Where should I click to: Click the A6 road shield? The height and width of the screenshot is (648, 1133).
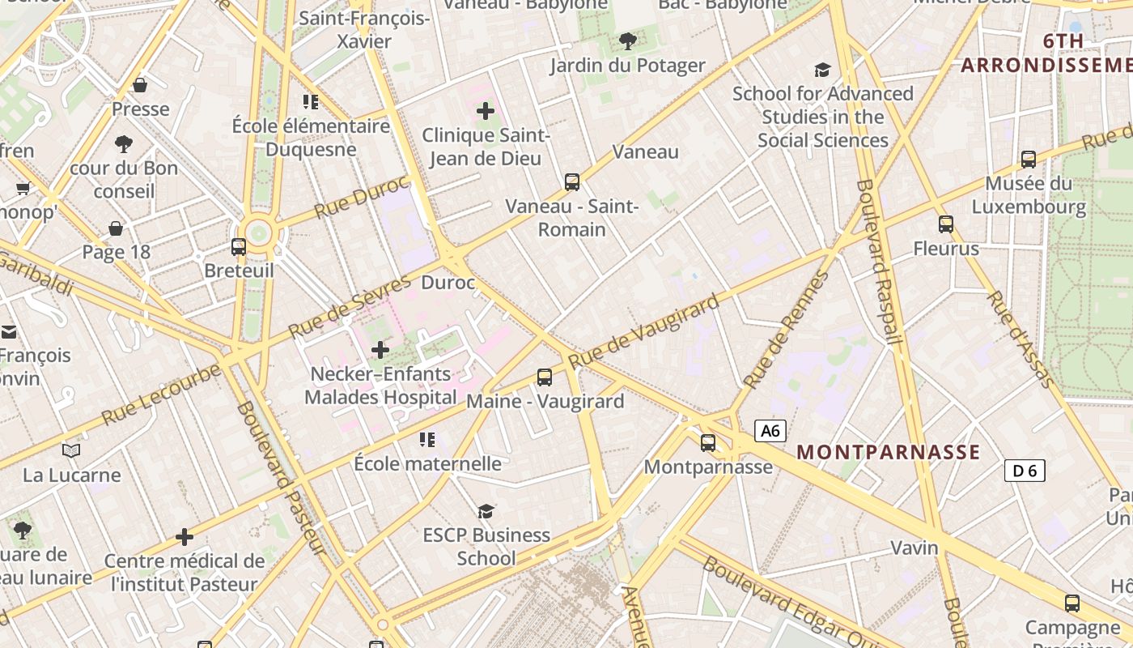coord(770,431)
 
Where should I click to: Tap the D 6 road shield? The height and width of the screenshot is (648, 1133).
coord(1025,470)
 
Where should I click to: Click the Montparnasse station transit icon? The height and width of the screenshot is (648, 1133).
coord(708,442)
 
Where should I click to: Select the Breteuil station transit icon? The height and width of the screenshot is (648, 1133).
coord(239,247)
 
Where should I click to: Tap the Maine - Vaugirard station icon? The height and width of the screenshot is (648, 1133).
coord(545,377)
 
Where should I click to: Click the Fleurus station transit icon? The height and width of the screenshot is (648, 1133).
coord(946,224)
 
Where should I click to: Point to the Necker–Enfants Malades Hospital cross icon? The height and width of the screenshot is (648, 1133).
coord(380,350)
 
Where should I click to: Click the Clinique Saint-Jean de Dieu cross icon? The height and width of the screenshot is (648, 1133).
coord(486,111)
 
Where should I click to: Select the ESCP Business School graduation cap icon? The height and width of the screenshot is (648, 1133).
coord(486,511)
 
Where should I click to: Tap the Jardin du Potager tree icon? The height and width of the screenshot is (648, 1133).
coord(627,40)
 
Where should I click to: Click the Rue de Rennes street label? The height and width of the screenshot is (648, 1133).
coord(785,330)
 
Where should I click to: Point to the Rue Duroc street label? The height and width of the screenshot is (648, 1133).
coord(361,197)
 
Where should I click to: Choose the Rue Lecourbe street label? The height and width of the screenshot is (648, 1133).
coord(161,395)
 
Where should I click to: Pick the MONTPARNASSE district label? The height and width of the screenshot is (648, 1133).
coord(888,452)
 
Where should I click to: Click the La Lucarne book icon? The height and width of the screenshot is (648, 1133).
coord(71,450)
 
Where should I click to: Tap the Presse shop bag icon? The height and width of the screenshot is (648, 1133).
coord(140,85)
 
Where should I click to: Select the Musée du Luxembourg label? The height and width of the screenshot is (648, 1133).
coord(1029,195)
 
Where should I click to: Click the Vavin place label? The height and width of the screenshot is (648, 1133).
coord(914,548)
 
